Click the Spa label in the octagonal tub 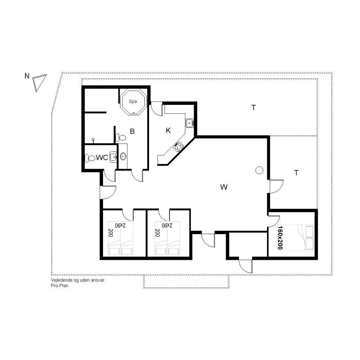click(x=133, y=102)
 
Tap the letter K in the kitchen click(x=168, y=131)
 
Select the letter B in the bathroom click(x=132, y=131)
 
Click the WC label click(x=102, y=157)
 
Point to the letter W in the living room click(x=224, y=187)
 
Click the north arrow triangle click(x=39, y=83)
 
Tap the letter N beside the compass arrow click(x=27, y=76)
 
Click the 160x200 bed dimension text click(x=280, y=237)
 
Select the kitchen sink click(x=189, y=123)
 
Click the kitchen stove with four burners click(x=178, y=147)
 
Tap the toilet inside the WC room click(x=90, y=158)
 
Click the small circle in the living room click(x=259, y=170)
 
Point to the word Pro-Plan click(x=59, y=286)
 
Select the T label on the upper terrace click(x=253, y=108)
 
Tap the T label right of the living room click(x=296, y=173)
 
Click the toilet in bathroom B click(x=121, y=138)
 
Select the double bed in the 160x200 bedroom click(x=295, y=238)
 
